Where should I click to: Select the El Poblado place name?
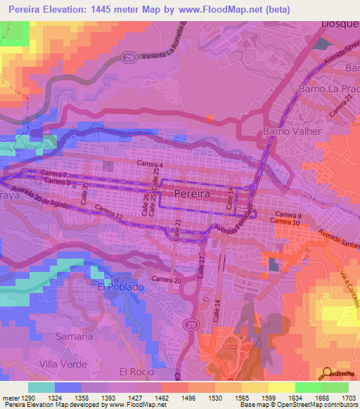(x=120, y=287)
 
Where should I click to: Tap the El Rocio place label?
(x=136, y=371)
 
